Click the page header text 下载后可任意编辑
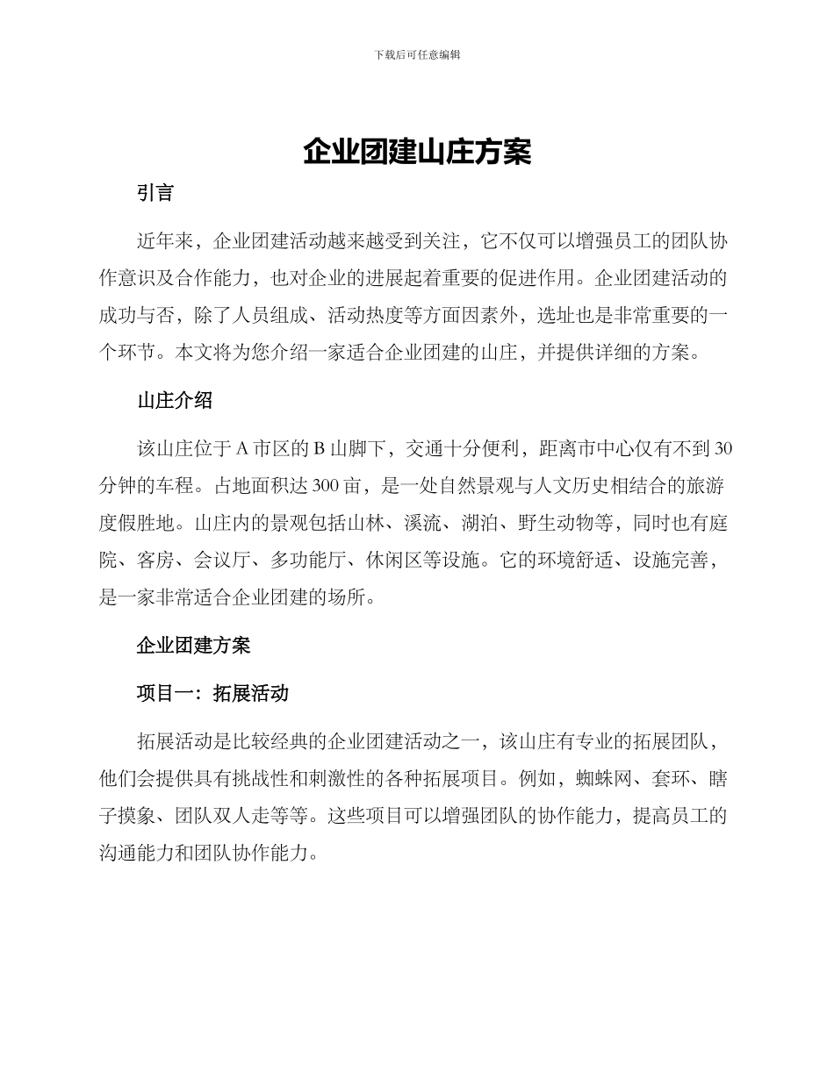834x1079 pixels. (417, 54)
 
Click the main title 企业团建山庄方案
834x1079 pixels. (417, 152)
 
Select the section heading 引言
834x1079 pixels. (155, 194)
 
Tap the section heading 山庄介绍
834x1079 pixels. (175, 401)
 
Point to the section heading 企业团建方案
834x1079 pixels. (193, 646)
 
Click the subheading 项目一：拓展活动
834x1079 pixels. (212, 693)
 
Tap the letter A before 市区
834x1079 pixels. (241, 450)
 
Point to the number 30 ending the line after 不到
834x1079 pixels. (724, 450)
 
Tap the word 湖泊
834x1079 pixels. (479, 525)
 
